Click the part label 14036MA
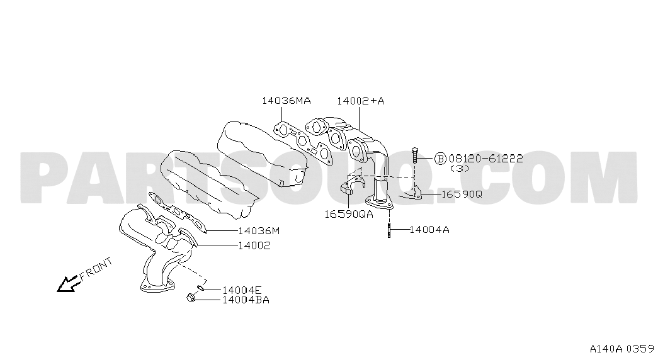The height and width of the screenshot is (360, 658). (286, 101)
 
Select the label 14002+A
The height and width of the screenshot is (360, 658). (360, 101)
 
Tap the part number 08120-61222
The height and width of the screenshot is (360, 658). (485, 159)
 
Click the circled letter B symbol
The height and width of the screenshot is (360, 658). (440, 159)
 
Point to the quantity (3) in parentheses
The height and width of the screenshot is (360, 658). (460, 168)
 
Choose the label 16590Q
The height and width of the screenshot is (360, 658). (462, 194)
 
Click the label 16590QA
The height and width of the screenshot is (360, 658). (348, 214)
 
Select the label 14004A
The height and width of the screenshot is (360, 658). (429, 230)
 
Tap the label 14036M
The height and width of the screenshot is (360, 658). (259, 231)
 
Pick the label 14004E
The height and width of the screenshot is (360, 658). (242, 290)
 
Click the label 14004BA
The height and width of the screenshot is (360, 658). (246, 300)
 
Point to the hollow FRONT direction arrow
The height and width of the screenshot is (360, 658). (68, 284)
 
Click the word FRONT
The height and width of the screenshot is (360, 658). (96, 269)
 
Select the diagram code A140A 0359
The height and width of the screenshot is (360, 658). (622, 349)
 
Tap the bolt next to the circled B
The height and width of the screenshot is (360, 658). (414, 155)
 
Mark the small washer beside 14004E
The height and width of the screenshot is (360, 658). (201, 288)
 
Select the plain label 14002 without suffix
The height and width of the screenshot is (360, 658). (254, 245)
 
